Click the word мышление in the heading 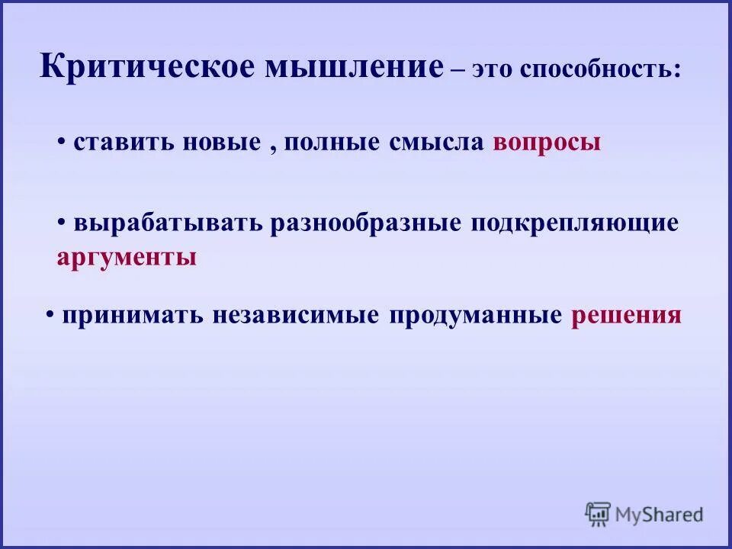pyautogui.click(x=354, y=67)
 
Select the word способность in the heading pyautogui.click(x=599, y=70)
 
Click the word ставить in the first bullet pyautogui.click(x=124, y=143)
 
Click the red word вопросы pyautogui.click(x=547, y=143)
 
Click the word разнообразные pyautogui.click(x=365, y=223)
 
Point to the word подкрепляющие pyautogui.click(x=574, y=223)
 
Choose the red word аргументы pyautogui.click(x=127, y=258)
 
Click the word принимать pyautogui.click(x=132, y=316)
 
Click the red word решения pyautogui.click(x=625, y=316)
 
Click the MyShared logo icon pyautogui.click(x=599, y=514)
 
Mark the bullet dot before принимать pyautogui.click(x=49, y=313)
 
